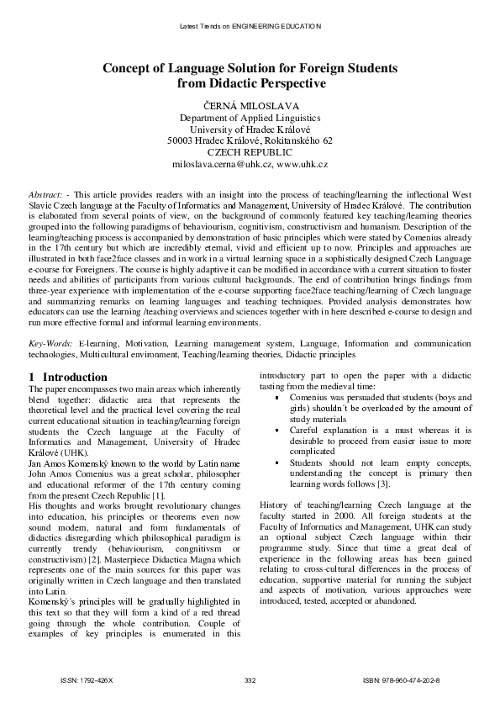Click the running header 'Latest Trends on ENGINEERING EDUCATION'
pos(250,26)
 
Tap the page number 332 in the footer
pos(250,679)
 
